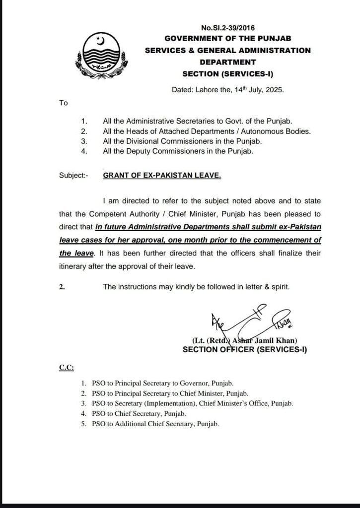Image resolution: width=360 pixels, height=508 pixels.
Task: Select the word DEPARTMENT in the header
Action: [x=227, y=63]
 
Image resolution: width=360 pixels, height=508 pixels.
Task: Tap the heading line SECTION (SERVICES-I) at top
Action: [x=227, y=74]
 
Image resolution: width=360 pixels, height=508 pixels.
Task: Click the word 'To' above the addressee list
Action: [x=63, y=103]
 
